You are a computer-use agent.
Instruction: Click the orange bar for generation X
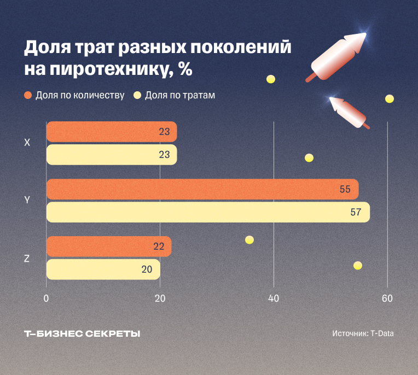(x=111, y=132)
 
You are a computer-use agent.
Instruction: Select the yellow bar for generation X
(x=111, y=155)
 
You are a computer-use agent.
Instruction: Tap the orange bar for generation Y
(x=202, y=189)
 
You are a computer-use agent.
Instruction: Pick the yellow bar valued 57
(x=208, y=212)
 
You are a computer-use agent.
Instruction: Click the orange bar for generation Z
(x=108, y=247)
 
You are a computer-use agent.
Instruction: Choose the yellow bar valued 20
(x=103, y=269)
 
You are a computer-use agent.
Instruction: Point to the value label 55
(x=345, y=189)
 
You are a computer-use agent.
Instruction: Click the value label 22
(x=159, y=247)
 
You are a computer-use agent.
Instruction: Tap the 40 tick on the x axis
(x=274, y=298)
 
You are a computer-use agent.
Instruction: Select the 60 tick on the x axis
(x=387, y=298)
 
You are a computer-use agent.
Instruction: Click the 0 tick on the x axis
(x=47, y=298)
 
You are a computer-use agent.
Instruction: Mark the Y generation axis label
(x=27, y=200)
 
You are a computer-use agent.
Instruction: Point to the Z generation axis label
(x=27, y=259)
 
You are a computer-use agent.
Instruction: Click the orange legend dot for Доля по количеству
(x=28, y=95)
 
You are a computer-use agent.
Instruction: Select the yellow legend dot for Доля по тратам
(x=137, y=95)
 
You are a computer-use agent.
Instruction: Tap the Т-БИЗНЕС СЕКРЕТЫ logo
(x=82, y=333)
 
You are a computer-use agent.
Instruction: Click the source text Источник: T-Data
(x=362, y=333)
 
